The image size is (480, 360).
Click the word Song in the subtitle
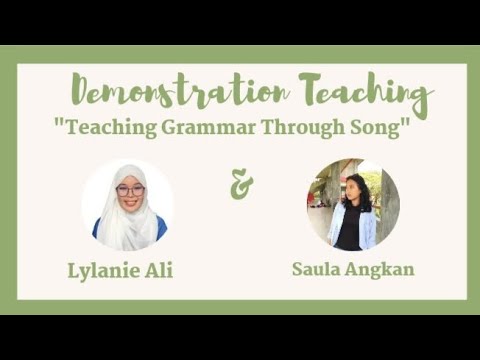(377, 128)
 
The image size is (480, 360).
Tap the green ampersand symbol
(241, 184)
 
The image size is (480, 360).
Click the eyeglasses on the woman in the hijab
(130, 190)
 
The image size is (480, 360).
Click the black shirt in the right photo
(350, 228)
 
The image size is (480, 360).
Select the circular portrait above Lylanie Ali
(128, 205)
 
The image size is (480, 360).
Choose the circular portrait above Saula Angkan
(352, 204)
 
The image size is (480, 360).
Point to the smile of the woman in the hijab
(130, 202)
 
